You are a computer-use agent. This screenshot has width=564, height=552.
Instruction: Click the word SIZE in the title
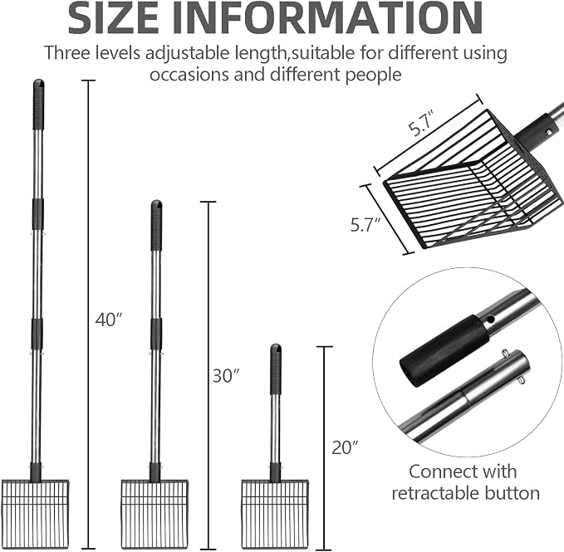tap(113, 18)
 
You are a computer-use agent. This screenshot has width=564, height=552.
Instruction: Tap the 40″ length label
tap(109, 320)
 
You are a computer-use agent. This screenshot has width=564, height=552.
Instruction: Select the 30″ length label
tap(226, 375)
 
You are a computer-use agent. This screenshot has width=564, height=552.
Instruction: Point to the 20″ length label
tap(346, 447)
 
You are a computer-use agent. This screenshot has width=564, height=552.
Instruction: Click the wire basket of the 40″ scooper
tap(35, 515)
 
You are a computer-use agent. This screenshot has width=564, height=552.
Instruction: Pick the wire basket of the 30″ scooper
tap(154, 515)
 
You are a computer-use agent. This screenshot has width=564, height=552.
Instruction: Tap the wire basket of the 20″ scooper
tap(275, 515)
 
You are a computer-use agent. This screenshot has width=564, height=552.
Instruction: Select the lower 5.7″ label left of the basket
tap(365, 225)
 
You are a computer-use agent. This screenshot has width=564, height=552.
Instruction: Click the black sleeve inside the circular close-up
tap(444, 351)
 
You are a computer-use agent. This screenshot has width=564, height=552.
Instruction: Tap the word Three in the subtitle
tap(67, 53)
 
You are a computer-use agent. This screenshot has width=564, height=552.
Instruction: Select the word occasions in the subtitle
tap(189, 75)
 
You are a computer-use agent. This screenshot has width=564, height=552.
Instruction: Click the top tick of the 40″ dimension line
tap(89, 81)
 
